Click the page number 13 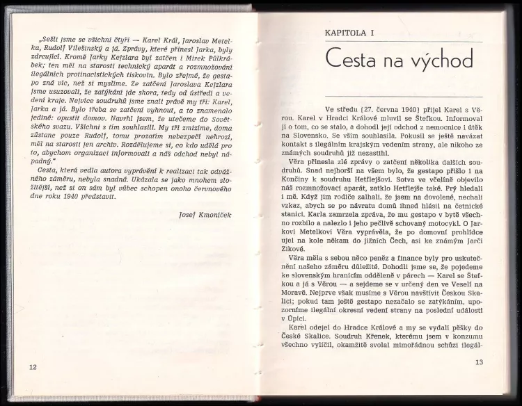point(478,363)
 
